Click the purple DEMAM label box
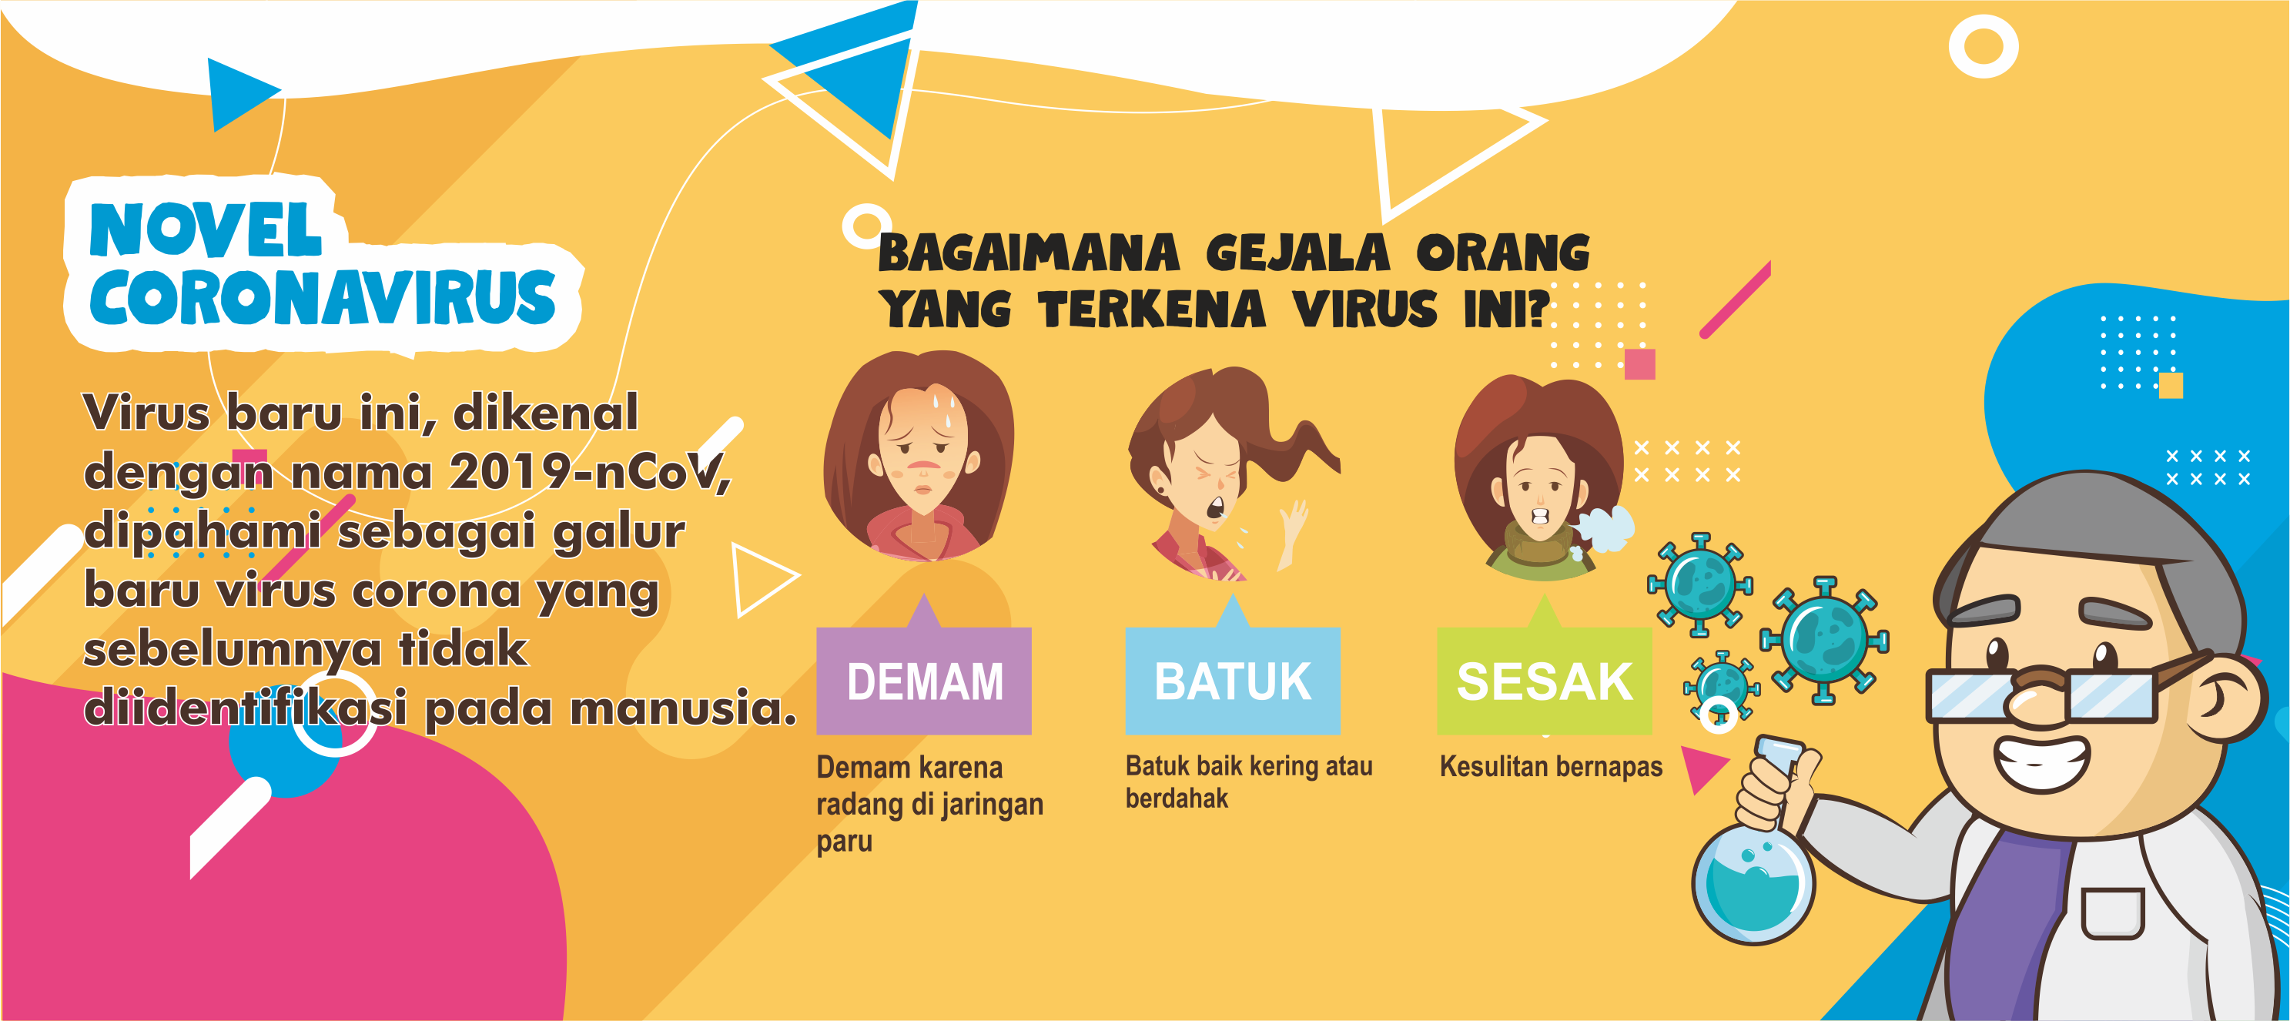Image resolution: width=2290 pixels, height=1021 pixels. tap(924, 681)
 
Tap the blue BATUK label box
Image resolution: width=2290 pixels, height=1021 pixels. tap(1232, 681)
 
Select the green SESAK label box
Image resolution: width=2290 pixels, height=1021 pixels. tap(1544, 681)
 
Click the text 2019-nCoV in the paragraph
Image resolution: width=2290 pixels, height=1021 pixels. tap(589, 471)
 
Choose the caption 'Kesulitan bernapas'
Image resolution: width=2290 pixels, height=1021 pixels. tap(1550, 766)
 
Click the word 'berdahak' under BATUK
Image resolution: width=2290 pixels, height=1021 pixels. tap(1176, 798)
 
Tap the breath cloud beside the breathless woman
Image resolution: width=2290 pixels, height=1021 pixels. tap(1605, 531)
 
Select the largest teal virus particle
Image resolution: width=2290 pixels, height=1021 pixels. tap(1824, 638)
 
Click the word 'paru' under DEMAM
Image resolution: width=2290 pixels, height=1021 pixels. tap(844, 842)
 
